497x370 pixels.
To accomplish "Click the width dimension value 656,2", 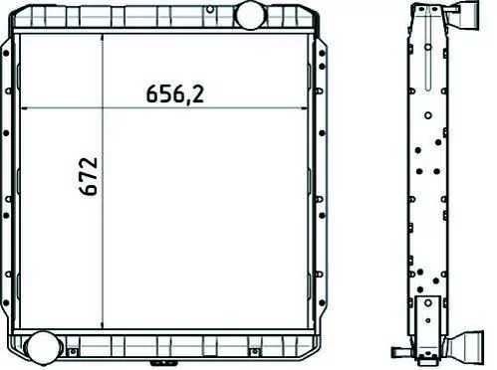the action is point(175,93).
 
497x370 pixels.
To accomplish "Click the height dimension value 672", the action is point(89,176).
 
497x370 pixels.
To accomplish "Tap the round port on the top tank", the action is point(249,15).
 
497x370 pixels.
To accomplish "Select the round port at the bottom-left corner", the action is point(42,347).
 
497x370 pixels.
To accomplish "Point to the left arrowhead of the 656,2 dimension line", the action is point(24,108).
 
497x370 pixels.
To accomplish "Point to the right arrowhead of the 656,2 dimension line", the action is point(304,108).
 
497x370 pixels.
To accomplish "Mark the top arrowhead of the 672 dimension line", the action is point(103,37).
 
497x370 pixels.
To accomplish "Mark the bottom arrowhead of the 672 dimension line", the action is point(103,325).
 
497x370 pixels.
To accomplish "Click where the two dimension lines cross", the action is point(103,108).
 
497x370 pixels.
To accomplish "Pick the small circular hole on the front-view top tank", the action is point(210,10).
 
